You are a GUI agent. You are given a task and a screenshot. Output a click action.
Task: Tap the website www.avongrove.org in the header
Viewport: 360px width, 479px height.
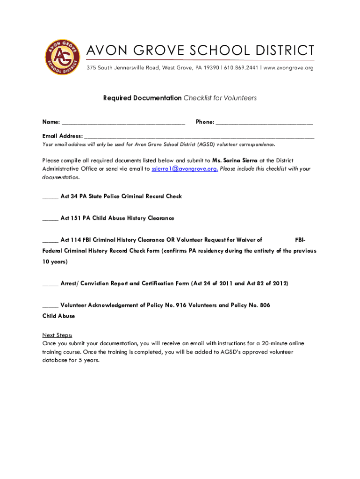coord(288,68)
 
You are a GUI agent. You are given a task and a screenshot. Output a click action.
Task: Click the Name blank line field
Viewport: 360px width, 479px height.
coord(123,123)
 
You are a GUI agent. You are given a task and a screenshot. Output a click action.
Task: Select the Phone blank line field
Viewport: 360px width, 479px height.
coord(265,123)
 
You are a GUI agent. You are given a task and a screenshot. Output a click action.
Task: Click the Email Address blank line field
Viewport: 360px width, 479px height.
coord(199,136)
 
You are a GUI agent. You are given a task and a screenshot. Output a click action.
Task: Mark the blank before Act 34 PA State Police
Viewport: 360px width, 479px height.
coord(50,197)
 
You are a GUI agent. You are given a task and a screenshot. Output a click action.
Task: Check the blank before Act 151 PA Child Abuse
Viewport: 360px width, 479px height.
coord(50,218)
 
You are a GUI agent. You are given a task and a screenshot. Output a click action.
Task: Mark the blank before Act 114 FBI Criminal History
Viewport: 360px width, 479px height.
coord(50,240)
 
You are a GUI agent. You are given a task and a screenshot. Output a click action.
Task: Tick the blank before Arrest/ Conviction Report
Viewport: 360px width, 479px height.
coord(50,284)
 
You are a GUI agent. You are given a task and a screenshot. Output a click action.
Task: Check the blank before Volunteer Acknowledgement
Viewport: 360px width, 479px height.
coord(50,306)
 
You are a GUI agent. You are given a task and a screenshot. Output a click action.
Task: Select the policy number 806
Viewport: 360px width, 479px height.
coord(265,305)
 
